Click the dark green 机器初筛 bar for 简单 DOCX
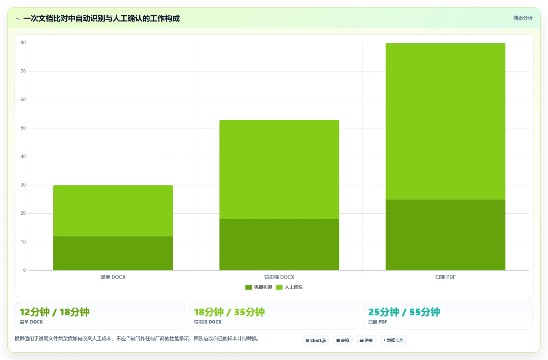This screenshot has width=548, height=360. click(x=113, y=253)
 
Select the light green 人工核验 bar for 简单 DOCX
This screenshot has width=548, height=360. click(x=113, y=211)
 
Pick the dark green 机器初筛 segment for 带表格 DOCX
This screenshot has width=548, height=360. click(x=279, y=245)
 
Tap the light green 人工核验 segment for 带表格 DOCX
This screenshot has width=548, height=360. click(x=279, y=170)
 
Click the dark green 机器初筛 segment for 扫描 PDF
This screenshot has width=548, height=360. click(x=445, y=235)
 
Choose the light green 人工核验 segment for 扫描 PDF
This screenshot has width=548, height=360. click(x=445, y=121)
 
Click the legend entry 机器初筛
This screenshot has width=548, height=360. click(x=259, y=287)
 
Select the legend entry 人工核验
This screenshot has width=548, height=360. click(x=289, y=287)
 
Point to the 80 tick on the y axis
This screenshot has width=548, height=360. click(x=23, y=43)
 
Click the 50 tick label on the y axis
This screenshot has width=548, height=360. click(x=23, y=128)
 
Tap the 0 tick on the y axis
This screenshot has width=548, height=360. click(x=24, y=270)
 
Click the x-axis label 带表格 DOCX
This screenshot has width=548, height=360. click(x=279, y=277)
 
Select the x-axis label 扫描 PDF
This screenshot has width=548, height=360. click(x=445, y=277)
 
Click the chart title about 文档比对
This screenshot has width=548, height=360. click(x=102, y=19)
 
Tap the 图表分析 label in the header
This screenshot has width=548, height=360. click(x=523, y=18)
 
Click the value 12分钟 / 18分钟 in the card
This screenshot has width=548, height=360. click(x=54, y=312)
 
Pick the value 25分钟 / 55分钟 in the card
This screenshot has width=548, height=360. click(x=404, y=312)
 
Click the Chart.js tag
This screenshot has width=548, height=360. click(x=316, y=340)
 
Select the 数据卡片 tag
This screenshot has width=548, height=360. click(x=393, y=340)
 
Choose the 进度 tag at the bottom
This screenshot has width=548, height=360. click(x=366, y=340)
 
